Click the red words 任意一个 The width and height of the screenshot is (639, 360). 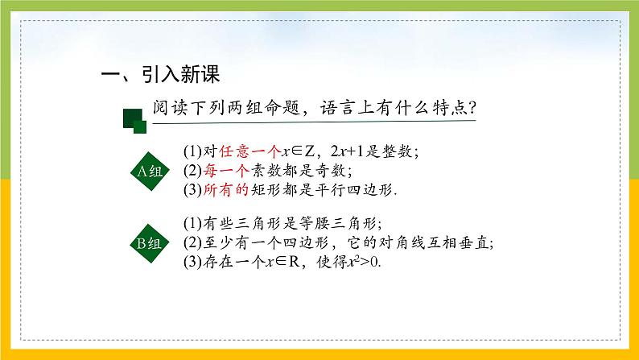click(238, 151)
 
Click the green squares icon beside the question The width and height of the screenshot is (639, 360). click(134, 120)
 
